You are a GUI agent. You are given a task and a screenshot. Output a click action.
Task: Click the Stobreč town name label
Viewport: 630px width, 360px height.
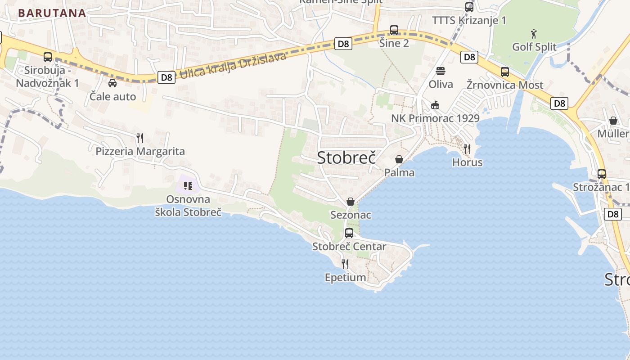pyautogui.click(x=346, y=157)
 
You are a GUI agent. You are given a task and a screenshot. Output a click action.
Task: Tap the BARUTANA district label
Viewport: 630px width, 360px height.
pyautogui.click(x=52, y=13)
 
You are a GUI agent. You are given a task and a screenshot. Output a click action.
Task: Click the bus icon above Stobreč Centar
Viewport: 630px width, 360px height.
pyautogui.click(x=349, y=233)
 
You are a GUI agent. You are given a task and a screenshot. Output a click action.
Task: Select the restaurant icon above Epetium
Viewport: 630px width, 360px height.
pyautogui.click(x=345, y=264)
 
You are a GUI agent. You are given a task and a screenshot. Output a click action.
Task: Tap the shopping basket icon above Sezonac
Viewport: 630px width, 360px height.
pyautogui.click(x=350, y=202)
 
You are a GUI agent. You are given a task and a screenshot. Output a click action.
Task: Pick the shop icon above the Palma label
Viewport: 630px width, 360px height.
pyautogui.click(x=399, y=159)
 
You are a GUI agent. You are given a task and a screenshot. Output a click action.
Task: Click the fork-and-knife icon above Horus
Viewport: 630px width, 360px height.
pyautogui.click(x=467, y=148)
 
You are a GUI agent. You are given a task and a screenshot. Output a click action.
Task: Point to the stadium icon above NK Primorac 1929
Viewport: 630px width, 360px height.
pyautogui.click(x=435, y=105)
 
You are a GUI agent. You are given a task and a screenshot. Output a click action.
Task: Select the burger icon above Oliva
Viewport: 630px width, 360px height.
pyautogui.click(x=440, y=71)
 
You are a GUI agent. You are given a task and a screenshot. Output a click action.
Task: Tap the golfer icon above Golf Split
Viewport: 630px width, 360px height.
pyautogui.click(x=534, y=34)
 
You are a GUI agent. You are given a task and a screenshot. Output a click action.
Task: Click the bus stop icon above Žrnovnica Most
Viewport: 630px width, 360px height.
pyautogui.click(x=505, y=72)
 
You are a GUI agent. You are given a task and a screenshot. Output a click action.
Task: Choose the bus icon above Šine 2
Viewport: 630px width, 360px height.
pyautogui.click(x=394, y=30)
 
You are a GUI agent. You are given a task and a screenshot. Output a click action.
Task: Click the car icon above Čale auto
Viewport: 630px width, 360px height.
pyautogui.click(x=112, y=83)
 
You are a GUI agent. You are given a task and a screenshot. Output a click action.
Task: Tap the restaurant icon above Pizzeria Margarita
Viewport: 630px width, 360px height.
pyautogui.click(x=140, y=138)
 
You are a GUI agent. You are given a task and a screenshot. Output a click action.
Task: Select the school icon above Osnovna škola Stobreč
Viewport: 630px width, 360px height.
pyautogui.click(x=188, y=185)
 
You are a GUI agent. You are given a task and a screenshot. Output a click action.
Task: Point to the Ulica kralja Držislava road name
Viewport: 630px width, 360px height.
pyautogui.click(x=233, y=65)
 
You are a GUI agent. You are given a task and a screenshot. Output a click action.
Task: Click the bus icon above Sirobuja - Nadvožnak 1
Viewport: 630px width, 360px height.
pyautogui.click(x=48, y=57)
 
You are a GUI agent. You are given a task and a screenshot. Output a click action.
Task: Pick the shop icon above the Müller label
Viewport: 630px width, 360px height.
pyautogui.click(x=613, y=121)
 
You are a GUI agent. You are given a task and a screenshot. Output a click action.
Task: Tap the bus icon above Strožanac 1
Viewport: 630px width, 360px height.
pyautogui.click(x=602, y=174)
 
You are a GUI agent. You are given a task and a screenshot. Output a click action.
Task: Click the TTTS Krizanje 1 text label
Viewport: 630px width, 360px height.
pyautogui.click(x=469, y=20)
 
